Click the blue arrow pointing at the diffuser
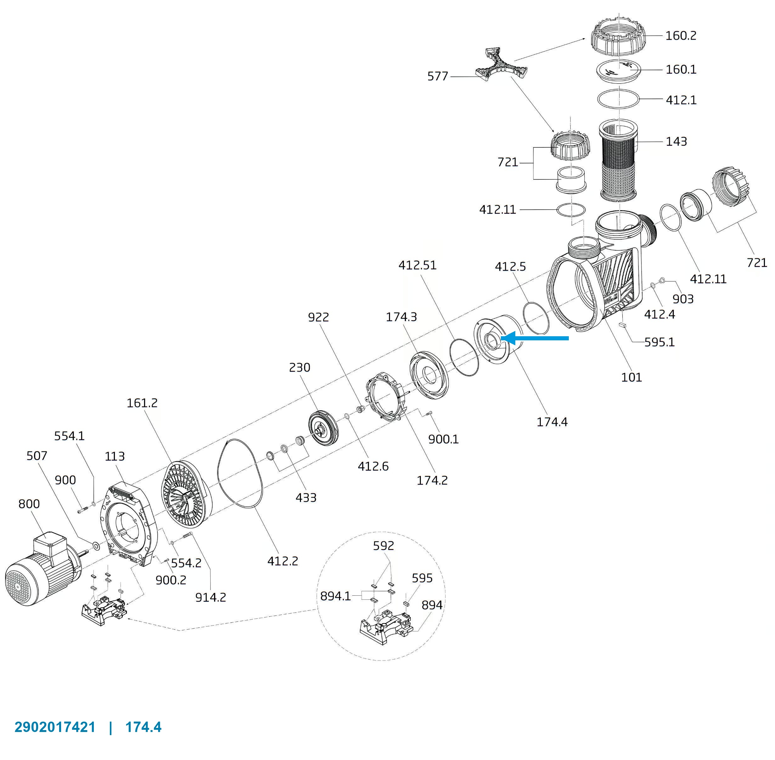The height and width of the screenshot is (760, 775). (535, 338)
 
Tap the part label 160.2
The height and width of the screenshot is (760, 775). (681, 36)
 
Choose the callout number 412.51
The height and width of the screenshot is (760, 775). (417, 265)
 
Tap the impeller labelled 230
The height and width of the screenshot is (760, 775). (324, 428)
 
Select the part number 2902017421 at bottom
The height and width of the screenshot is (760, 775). (55, 727)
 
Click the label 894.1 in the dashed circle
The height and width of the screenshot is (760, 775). (335, 596)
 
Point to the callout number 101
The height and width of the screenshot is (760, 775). (631, 377)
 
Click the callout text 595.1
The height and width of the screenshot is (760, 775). (659, 342)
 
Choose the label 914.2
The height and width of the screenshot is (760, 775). (210, 598)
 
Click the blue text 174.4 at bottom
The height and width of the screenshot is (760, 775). (143, 727)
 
